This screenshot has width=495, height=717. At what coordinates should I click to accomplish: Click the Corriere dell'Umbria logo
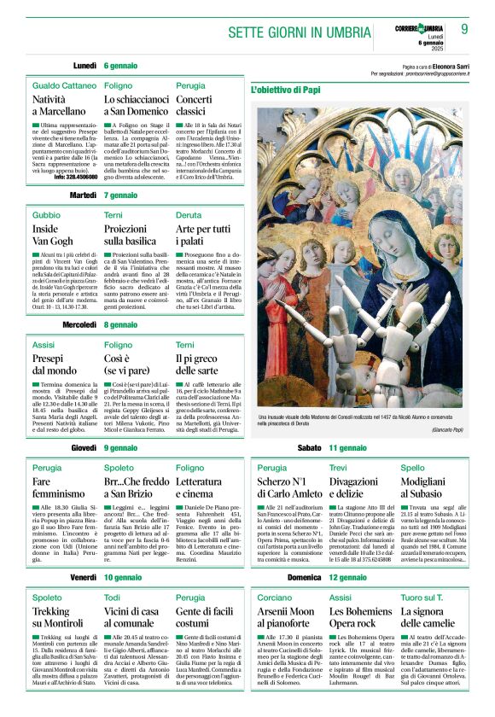pos(417,29)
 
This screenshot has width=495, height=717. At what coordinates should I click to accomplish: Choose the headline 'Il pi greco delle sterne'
pos(196,364)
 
